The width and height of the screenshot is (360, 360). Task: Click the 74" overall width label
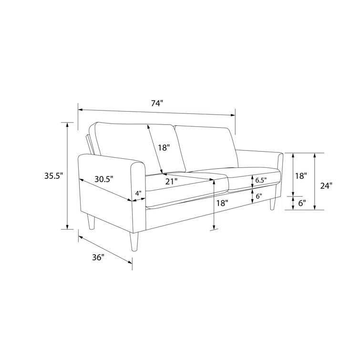(157, 103)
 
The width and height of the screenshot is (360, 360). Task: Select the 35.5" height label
(53, 176)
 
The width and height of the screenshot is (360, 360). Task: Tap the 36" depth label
(98, 257)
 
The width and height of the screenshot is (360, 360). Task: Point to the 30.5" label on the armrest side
(104, 179)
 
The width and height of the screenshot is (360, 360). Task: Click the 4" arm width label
(138, 193)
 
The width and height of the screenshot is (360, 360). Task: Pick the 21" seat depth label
(172, 181)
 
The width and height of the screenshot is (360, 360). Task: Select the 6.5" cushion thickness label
(261, 180)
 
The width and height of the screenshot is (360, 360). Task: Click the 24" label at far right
(326, 185)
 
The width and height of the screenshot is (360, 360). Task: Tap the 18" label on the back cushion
(164, 147)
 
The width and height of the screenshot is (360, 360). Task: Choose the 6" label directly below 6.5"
(259, 196)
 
